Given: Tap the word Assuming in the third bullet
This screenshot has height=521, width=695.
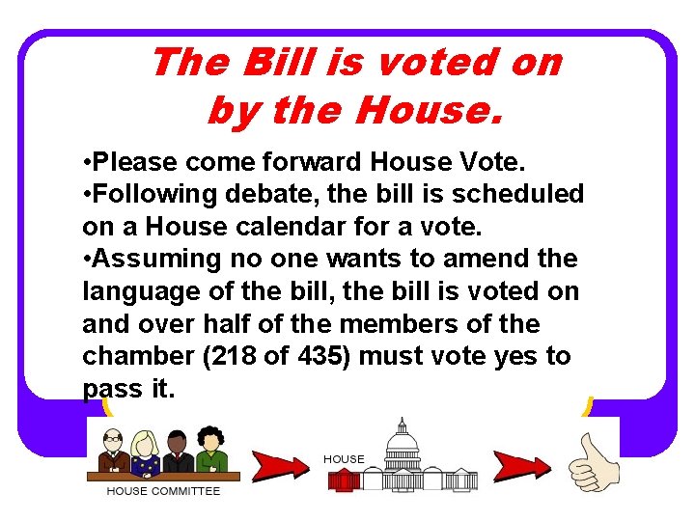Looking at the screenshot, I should coord(153,259).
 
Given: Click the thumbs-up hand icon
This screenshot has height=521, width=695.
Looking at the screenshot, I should coord(591,462).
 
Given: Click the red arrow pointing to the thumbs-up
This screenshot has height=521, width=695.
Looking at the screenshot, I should coord(521,465).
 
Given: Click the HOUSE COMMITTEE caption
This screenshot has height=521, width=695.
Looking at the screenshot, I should coord(163,491).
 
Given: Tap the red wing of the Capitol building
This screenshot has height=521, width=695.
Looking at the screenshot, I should coord(344,480).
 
